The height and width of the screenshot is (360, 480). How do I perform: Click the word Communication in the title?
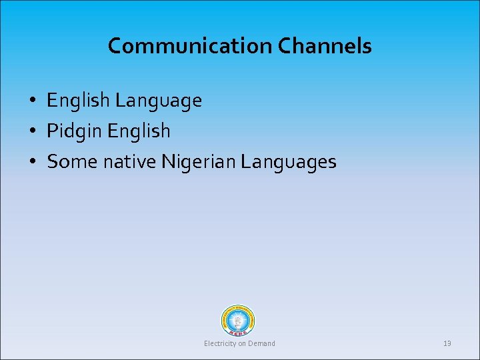point(190,46)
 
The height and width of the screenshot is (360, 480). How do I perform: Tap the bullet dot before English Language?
point(32,101)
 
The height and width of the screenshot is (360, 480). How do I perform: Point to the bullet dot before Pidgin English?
point(32,132)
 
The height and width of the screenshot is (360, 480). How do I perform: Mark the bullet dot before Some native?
point(32,163)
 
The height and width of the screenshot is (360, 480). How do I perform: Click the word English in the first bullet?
point(78,101)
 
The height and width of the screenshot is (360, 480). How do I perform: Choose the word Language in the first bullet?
point(158,101)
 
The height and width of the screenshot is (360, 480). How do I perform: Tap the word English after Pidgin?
point(139,131)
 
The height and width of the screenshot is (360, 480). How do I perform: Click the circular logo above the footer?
point(238,320)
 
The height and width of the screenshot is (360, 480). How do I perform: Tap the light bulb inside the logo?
point(238,319)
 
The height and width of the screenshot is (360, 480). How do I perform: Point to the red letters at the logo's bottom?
point(238,331)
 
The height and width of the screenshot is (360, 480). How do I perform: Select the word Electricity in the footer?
point(221,343)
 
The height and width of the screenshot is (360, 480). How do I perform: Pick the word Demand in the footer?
point(261,343)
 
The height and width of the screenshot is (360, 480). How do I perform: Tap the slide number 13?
point(447,343)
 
